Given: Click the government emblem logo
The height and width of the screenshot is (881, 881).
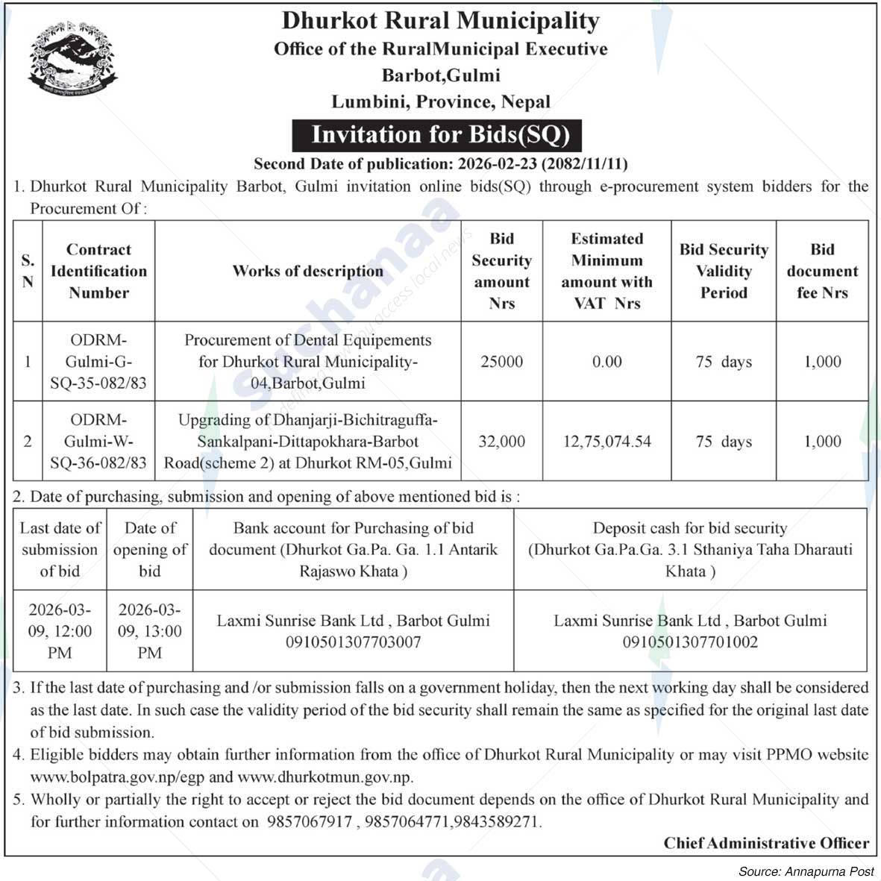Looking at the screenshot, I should (x=72, y=60).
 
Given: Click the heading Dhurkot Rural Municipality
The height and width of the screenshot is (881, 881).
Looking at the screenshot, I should (x=440, y=21).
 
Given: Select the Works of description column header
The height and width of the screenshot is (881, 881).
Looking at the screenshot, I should (x=307, y=272).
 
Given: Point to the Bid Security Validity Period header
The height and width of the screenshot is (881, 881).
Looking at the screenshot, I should (x=723, y=272).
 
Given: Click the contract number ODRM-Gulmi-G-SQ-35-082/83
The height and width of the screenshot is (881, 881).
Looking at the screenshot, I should (x=98, y=362).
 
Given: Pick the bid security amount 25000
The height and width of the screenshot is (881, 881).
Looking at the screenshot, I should (x=501, y=362).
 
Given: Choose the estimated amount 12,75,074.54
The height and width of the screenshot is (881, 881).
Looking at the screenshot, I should (x=606, y=442).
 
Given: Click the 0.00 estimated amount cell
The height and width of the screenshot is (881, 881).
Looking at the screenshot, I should (x=606, y=362).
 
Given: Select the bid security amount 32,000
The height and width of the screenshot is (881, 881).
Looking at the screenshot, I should (x=501, y=442).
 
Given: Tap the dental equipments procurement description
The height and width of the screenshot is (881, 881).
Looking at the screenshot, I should (x=307, y=362).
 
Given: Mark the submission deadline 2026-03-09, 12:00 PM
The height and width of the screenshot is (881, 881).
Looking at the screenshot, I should (x=60, y=631).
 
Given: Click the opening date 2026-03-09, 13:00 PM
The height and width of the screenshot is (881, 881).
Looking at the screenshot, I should (x=149, y=631).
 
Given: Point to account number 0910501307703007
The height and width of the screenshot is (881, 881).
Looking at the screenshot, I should (x=353, y=642).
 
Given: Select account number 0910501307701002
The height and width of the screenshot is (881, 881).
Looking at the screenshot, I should (x=690, y=642).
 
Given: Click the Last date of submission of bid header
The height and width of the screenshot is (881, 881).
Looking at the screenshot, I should (x=60, y=550).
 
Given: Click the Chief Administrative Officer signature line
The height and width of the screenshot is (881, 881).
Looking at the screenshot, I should (x=766, y=844).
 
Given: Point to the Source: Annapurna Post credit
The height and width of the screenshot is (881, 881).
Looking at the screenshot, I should (x=806, y=871).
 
